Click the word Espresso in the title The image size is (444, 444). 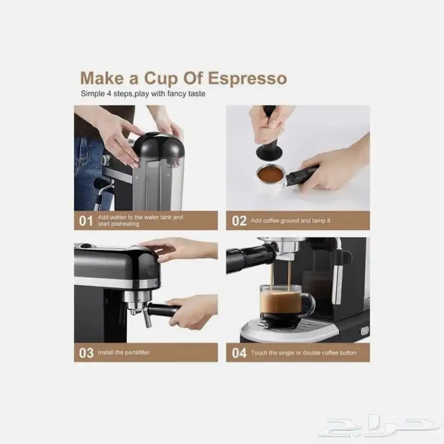[x=247, y=79]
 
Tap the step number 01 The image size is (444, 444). [x=86, y=221]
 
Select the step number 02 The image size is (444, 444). [x=239, y=221]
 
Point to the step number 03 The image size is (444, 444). [x=86, y=353]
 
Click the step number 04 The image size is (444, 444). [x=239, y=353]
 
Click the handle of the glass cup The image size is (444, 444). [x=310, y=304]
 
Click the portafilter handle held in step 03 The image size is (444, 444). [x=164, y=310]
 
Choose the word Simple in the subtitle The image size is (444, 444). [x=93, y=94]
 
